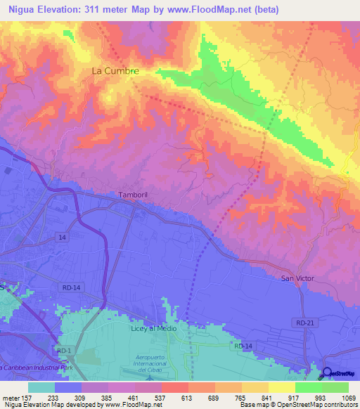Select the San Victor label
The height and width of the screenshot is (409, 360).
click(x=298, y=279)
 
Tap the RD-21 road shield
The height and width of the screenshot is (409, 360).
click(x=302, y=322)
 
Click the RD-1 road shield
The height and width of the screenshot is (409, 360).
click(x=65, y=351)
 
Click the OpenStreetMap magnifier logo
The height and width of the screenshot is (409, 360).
click(x=327, y=373)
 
